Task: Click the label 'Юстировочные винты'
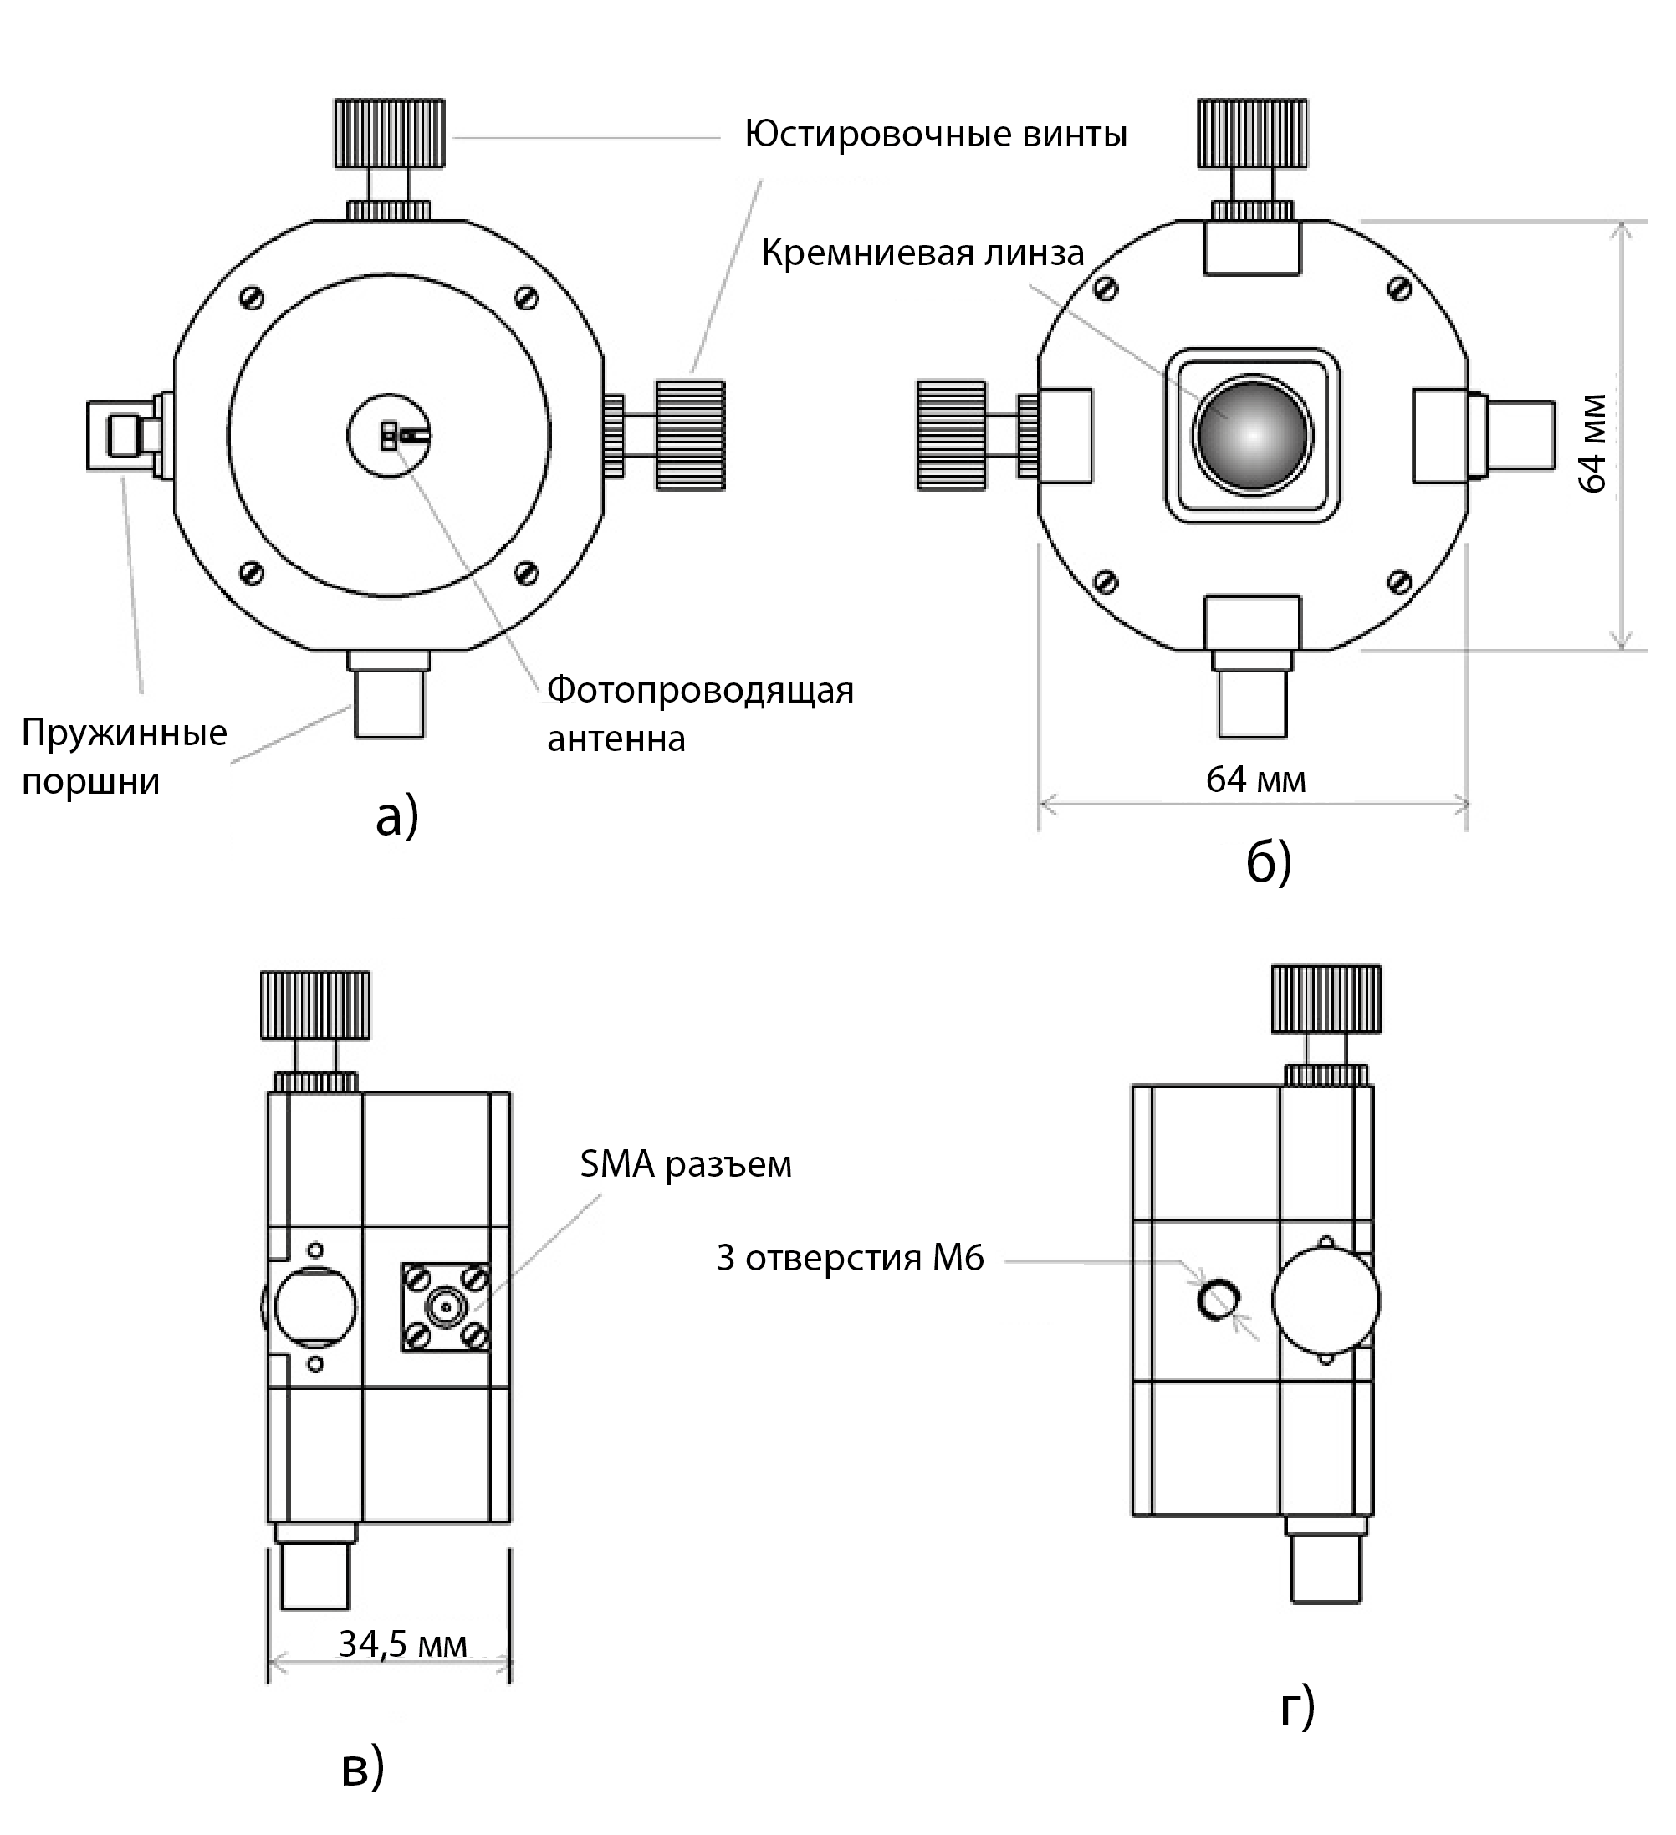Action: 935,135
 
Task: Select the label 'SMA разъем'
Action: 686,1164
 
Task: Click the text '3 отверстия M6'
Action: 850,1258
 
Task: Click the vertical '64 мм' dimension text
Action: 1592,443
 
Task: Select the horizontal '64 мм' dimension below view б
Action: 1255,779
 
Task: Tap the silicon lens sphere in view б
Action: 1253,436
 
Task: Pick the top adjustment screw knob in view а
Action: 390,133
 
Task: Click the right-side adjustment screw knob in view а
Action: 690,435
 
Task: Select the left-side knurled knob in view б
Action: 952,435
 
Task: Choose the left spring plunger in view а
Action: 123,435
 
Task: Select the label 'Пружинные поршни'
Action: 124,756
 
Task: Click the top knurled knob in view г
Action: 1326,999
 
